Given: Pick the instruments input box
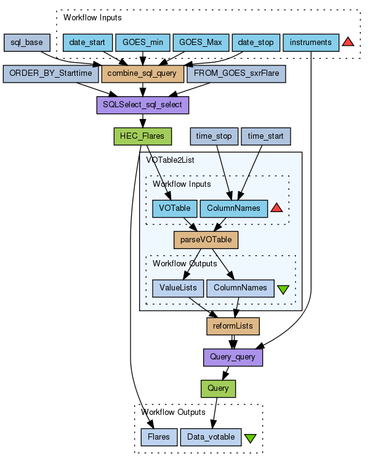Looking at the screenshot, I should (x=311, y=43).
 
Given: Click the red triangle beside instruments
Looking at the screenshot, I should (x=348, y=43).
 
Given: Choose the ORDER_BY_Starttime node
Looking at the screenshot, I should (x=50, y=73).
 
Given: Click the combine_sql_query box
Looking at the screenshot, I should (x=142, y=73).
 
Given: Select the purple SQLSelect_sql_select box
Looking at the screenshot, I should (x=142, y=105).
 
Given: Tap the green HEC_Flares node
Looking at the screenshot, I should (x=142, y=136).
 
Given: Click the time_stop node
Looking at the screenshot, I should (x=214, y=136).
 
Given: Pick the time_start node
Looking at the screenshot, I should (x=266, y=136).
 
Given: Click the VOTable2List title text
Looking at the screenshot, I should (x=170, y=160).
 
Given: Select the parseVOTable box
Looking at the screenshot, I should (x=206, y=239).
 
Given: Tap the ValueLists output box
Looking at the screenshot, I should (x=178, y=287).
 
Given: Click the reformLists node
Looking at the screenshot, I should (x=233, y=325).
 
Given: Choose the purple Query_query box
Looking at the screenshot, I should (x=233, y=356).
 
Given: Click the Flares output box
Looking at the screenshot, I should (x=159, y=437).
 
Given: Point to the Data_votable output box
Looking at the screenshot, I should (x=210, y=437).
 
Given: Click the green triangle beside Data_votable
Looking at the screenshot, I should (x=251, y=438).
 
